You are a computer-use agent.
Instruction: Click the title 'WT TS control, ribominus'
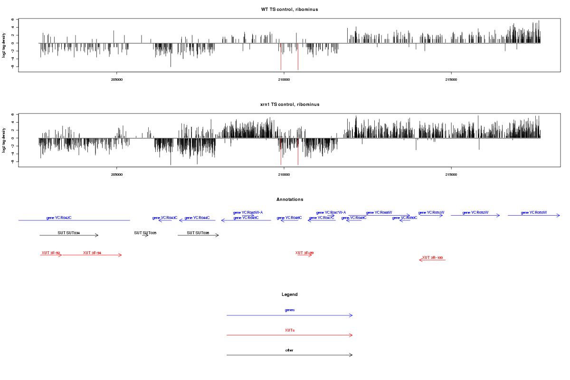coord(289,9)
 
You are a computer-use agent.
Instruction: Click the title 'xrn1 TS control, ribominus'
coord(289,104)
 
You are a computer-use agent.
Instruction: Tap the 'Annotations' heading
coord(289,199)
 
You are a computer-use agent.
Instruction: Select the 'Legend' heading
coord(289,294)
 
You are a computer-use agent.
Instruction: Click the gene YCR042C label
coord(59,218)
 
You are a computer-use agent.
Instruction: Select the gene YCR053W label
coord(533,212)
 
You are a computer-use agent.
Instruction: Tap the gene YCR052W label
coord(475,212)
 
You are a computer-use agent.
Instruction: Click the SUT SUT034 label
coord(68,233)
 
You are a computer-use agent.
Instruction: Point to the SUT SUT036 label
coord(198,233)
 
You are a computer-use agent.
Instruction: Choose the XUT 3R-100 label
coord(432,257)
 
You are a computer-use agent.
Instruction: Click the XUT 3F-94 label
coord(92,253)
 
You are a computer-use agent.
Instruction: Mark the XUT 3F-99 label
coord(304,253)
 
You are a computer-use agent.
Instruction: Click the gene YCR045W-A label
coord(248,212)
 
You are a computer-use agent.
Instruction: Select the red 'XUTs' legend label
coord(289,330)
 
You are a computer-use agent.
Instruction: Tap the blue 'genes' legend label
coord(289,310)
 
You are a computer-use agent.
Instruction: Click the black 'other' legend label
coord(289,351)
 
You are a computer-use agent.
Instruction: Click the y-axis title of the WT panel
coord(4,45)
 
